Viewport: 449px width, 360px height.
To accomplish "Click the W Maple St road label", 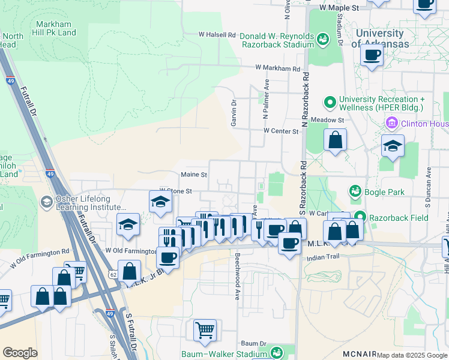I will click(x=339, y=8).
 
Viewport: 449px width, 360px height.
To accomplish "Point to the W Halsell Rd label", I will click(x=217, y=35).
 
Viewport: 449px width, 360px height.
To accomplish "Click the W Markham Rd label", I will click(x=277, y=69).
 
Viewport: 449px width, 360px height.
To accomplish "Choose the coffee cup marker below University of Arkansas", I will click(x=372, y=56).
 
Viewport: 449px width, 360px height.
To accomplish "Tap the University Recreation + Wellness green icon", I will click(x=330, y=103).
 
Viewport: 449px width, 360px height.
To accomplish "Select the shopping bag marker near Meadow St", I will click(x=336, y=140).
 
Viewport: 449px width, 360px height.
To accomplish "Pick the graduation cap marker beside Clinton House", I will click(x=393, y=146).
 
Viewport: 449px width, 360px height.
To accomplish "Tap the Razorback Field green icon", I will click(x=360, y=217).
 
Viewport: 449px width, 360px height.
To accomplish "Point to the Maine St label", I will click(x=194, y=175).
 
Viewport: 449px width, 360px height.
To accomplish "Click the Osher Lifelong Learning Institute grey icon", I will click(x=46, y=202).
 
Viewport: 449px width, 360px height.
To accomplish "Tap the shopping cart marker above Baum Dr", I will click(x=205, y=329).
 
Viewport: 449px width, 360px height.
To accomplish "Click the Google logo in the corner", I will click(x=20, y=353).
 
